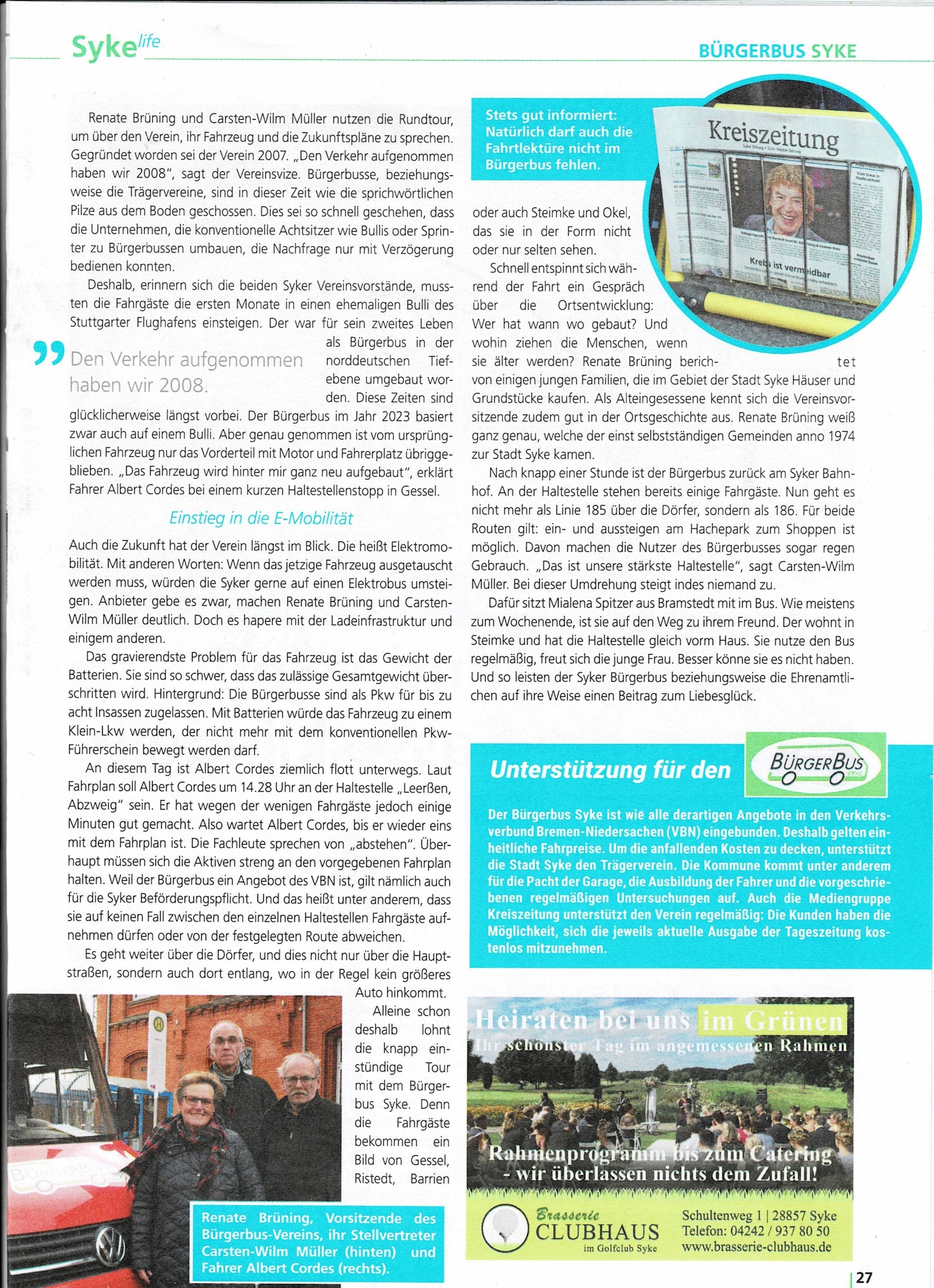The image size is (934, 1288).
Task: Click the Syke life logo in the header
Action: (115, 47)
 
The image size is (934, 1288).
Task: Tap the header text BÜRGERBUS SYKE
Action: (776, 52)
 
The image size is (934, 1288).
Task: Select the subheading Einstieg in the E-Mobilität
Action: (261, 518)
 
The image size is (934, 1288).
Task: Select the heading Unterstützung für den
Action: (610, 770)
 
